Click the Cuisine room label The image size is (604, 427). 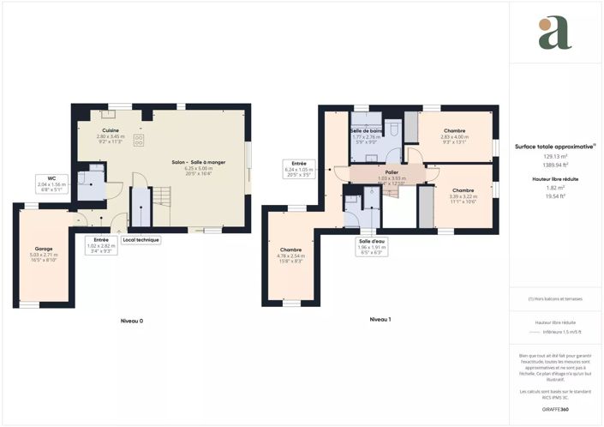110,130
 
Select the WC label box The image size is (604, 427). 51,179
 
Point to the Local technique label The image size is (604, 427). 141,240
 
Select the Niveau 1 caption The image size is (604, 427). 380,319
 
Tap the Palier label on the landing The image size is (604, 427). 391,172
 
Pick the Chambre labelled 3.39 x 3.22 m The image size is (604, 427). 463,190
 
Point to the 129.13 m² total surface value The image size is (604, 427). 554,156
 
